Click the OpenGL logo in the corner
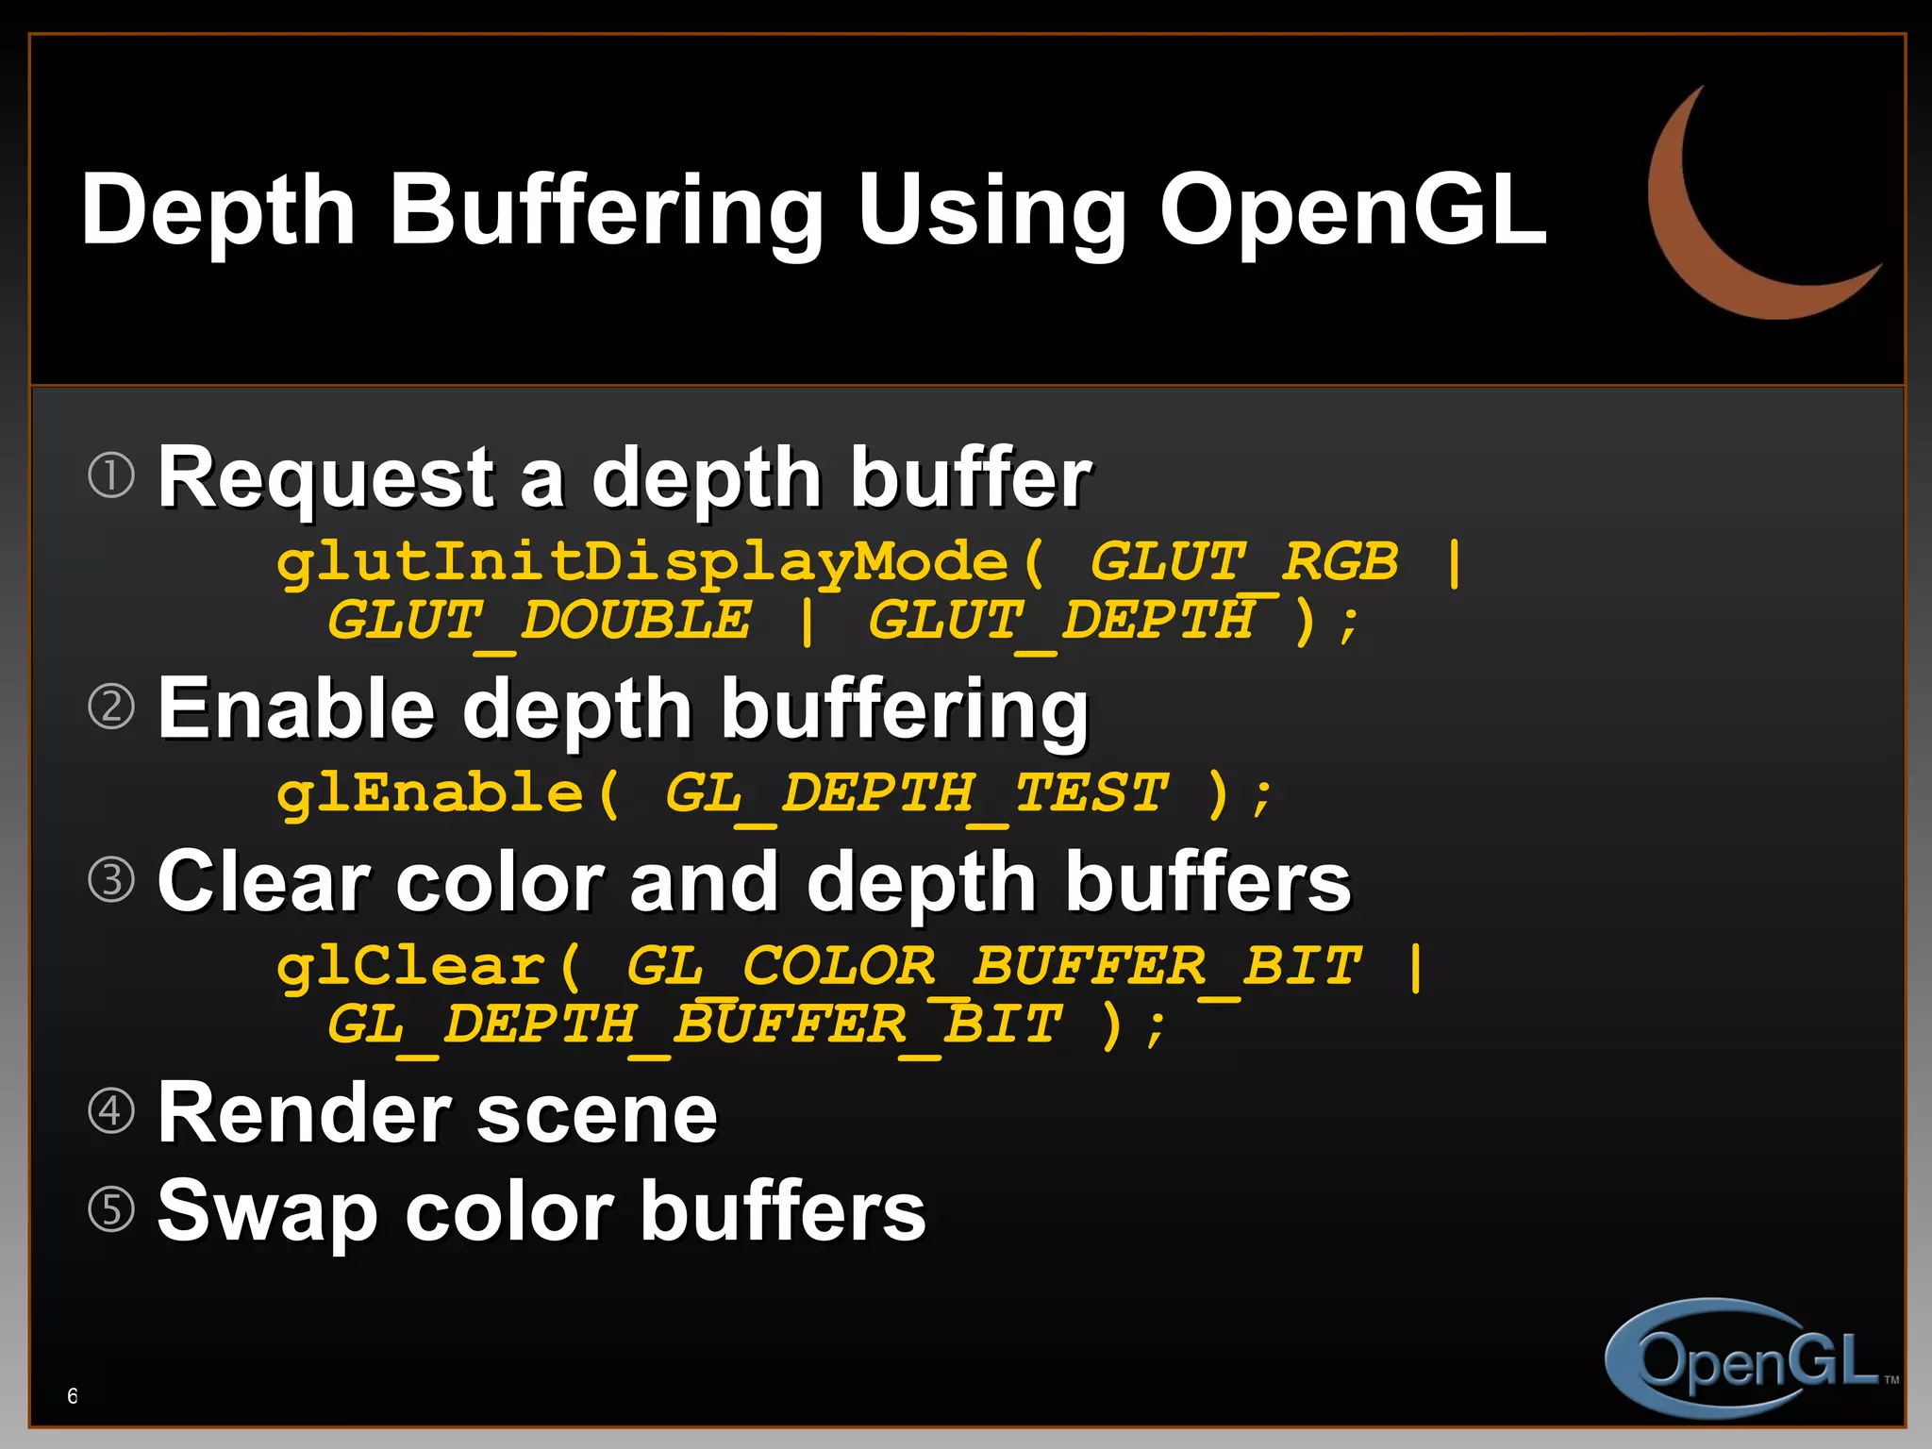[x=1750, y=1358]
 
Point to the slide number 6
[x=73, y=1396]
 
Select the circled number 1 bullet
[x=111, y=475]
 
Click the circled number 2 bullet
[x=111, y=707]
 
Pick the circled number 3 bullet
[x=111, y=879]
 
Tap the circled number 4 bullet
[x=111, y=1110]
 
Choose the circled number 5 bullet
[x=111, y=1208]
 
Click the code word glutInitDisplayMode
[x=641, y=563]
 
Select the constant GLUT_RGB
[x=1243, y=563]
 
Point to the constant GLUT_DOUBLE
[x=539, y=622]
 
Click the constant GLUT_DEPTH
[x=1061, y=622]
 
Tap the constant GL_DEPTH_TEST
[x=916, y=793]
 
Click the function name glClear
[x=411, y=967]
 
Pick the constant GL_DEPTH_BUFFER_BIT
[x=694, y=1025]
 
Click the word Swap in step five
[x=267, y=1211]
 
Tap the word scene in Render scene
[x=596, y=1113]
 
